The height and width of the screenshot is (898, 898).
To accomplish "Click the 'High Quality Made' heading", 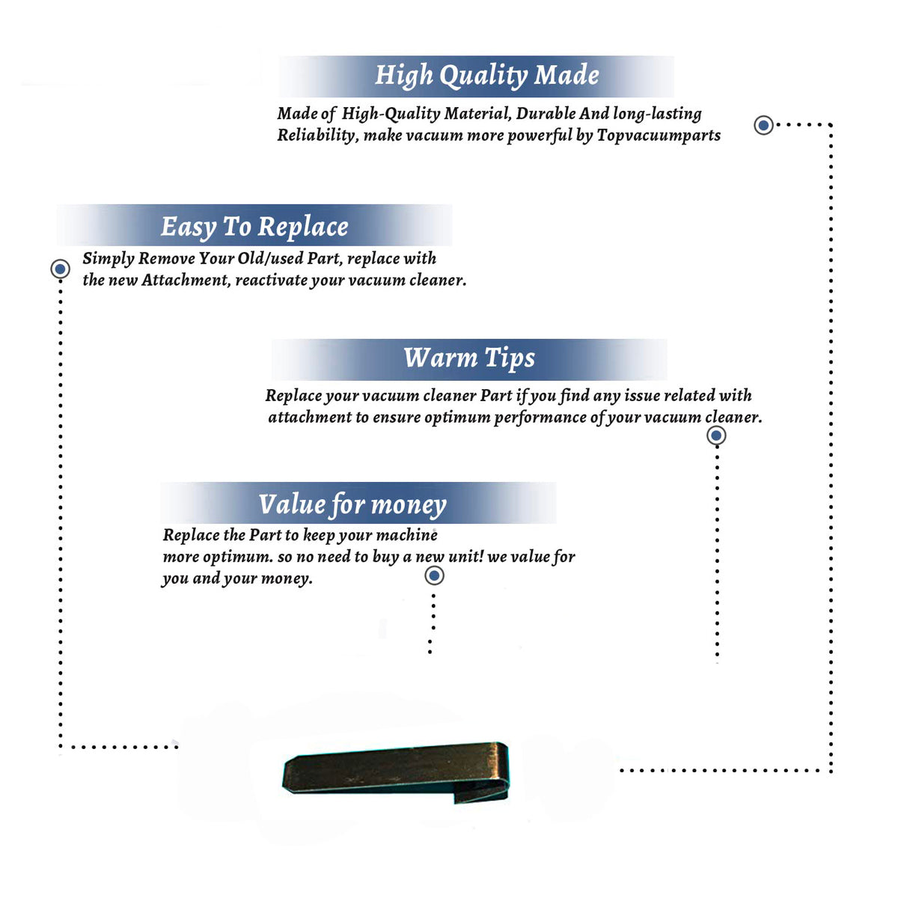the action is (486, 75).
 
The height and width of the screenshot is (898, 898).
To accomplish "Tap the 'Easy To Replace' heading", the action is (254, 227).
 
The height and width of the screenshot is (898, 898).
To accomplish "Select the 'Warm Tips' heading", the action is (468, 358).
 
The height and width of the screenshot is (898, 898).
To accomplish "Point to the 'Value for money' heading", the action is (352, 504).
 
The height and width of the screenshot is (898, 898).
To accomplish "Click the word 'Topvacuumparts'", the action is (659, 135).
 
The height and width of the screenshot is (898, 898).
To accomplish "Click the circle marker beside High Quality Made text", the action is (763, 125).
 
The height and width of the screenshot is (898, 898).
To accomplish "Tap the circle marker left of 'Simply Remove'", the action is (60, 269).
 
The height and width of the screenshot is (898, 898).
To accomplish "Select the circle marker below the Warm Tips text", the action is (716, 436).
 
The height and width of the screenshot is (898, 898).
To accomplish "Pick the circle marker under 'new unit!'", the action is (434, 576).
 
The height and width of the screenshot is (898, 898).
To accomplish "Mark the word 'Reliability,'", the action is (318, 135).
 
